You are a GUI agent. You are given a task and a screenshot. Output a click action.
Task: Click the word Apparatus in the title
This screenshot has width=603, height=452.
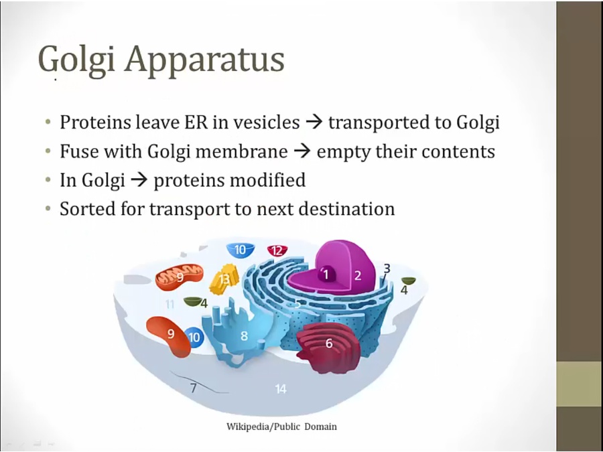click(x=204, y=60)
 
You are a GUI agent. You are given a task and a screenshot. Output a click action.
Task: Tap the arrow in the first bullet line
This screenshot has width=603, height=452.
click(x=314, y=123)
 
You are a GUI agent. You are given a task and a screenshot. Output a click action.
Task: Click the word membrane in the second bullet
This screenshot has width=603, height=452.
click(x=241, y=151)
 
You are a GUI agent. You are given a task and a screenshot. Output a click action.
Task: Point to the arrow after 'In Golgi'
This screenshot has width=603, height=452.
click(x=139, y=180)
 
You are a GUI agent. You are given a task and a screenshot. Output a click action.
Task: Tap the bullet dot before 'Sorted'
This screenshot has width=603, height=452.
click(x=48, y=209)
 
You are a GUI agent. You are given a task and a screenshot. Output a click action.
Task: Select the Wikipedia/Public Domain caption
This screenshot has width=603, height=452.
click(x=281, y=427)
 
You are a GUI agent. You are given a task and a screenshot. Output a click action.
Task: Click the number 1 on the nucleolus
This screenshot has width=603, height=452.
click(x=326, y=275)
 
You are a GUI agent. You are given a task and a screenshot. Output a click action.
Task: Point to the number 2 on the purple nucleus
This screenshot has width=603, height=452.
click(x=358, y=275)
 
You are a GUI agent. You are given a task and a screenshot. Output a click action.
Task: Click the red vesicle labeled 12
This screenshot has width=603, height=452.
click(x=277, y=250)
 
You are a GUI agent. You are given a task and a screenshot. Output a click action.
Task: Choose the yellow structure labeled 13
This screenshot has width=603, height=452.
click(x=224, y=279)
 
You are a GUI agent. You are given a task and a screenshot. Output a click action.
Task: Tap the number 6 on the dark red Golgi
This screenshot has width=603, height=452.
click(x=329, y=343)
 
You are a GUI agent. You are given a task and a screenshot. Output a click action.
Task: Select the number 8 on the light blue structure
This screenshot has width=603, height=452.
click(x=244, y=336)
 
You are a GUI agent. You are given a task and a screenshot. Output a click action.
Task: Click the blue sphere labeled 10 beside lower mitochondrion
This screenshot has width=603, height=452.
click(x=194, y=337)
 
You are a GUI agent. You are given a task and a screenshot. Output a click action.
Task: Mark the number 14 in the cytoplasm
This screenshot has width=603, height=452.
click(x=281, y=389)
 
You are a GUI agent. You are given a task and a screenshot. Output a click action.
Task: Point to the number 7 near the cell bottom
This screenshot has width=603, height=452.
click(x=194, y=388)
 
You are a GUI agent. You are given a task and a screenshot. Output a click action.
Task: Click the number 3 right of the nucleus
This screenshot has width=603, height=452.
click(x=387, y=269)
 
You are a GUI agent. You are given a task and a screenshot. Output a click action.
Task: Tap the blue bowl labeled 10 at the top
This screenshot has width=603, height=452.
click(x=241, y=250)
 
